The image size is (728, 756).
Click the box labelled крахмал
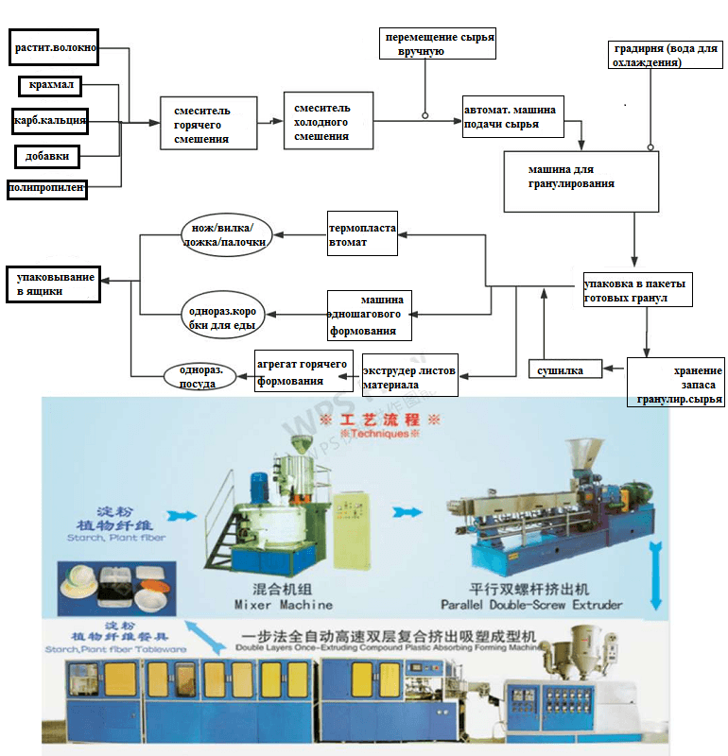click(51, 87)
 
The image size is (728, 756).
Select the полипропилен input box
click(46, 188)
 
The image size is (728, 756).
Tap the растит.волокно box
click(55, 46)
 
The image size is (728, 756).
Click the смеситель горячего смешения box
click(208, 123)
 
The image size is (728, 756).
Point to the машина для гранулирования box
click(580, 179)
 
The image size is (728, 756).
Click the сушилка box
click(564, 369)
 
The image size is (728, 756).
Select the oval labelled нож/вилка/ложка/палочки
click(225, 235)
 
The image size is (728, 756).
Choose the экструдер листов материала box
click(409, 377)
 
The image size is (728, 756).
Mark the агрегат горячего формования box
click(302, 373)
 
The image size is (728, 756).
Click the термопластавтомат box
click(361, 235)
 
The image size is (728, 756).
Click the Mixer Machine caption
click(282, 604)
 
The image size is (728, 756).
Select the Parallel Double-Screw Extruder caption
click(531, 604)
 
